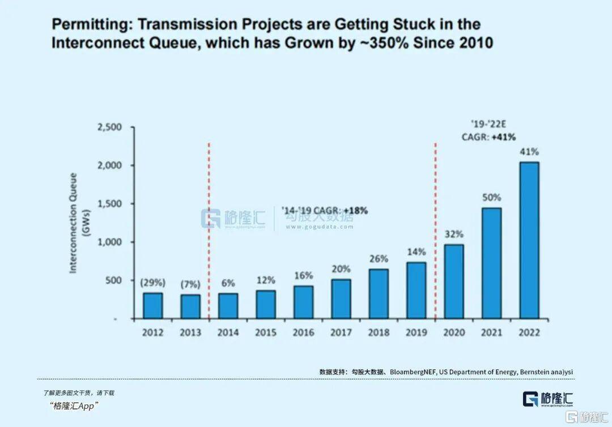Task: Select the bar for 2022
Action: coord(529,240)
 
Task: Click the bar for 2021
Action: coord(491,263)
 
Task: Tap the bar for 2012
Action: coord(152,305)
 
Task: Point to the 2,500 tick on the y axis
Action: coord(110,127)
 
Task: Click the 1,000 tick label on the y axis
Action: coord(110,242)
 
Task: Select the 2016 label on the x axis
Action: coord(303,332)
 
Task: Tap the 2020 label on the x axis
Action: coord(454,332)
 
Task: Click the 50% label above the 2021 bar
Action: coord(491,198)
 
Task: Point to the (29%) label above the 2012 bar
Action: coord(152,282)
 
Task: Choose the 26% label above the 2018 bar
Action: coord(379,259)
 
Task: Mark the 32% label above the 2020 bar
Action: coord(454,234)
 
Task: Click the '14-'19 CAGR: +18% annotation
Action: coord(325,211)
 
